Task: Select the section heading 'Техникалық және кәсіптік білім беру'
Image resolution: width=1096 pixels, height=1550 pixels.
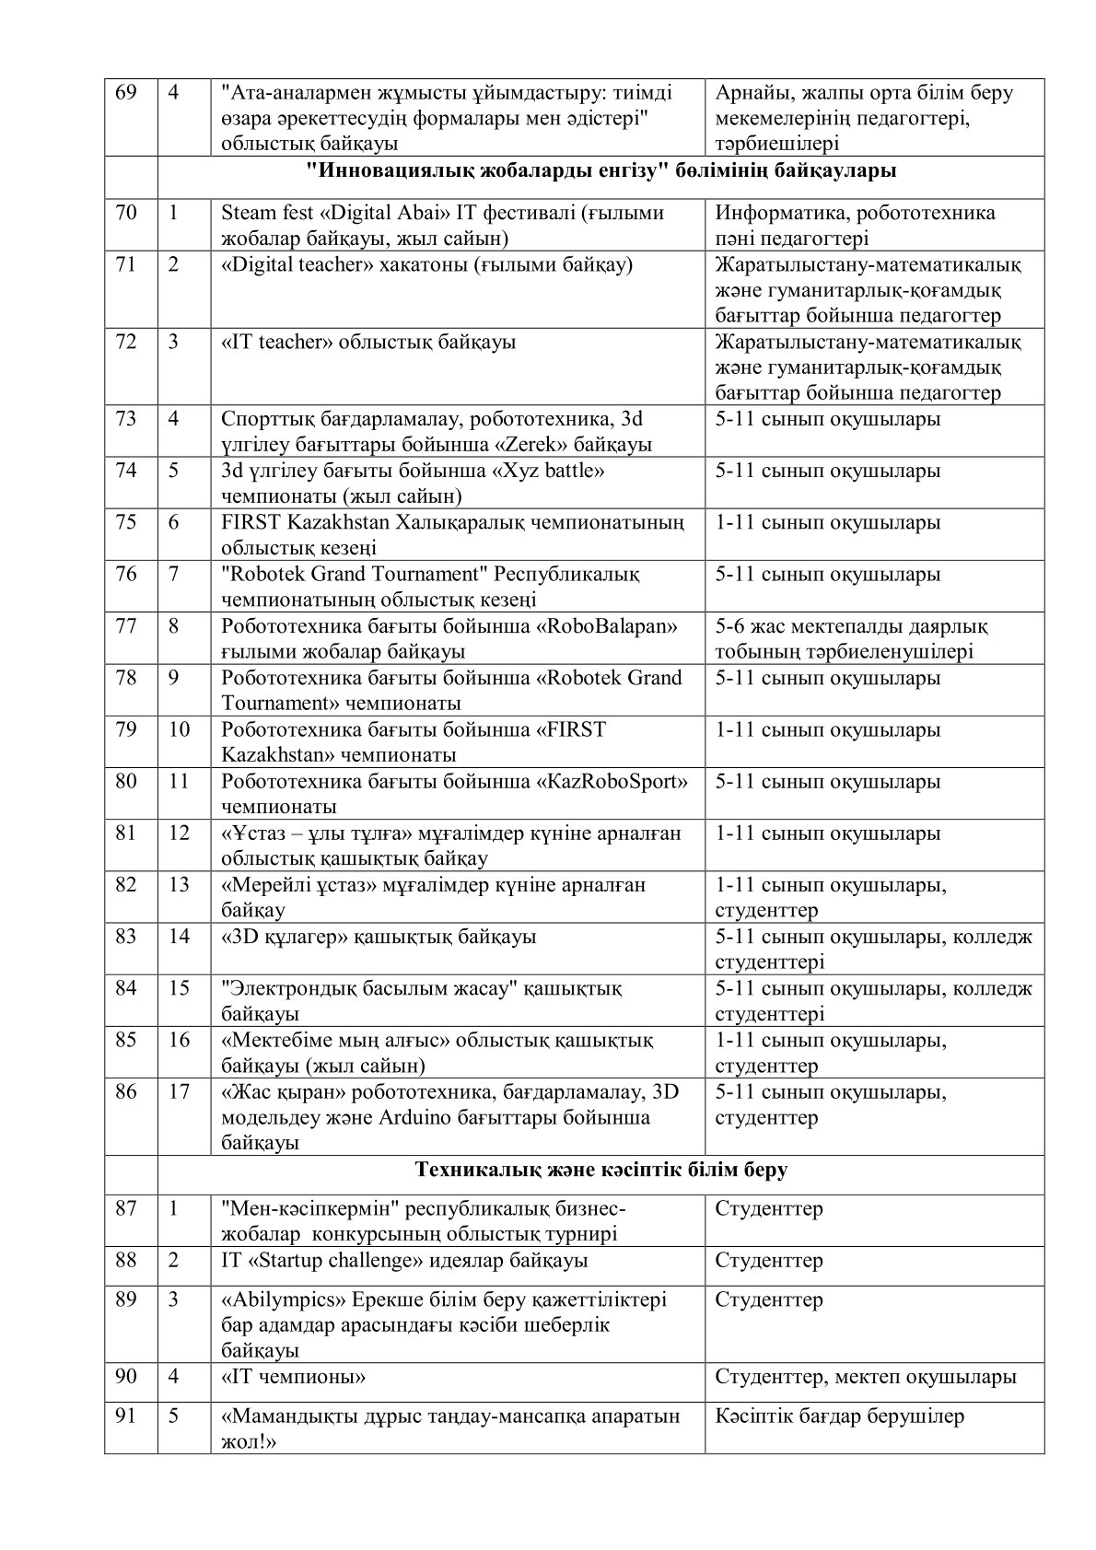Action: point(600,1170)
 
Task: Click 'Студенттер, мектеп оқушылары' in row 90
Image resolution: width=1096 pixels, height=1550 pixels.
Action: point(866,1377)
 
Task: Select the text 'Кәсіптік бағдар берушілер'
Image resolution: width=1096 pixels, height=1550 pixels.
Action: point(839,1416)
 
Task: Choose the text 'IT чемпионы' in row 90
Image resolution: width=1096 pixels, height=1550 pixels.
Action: point(293,1377)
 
